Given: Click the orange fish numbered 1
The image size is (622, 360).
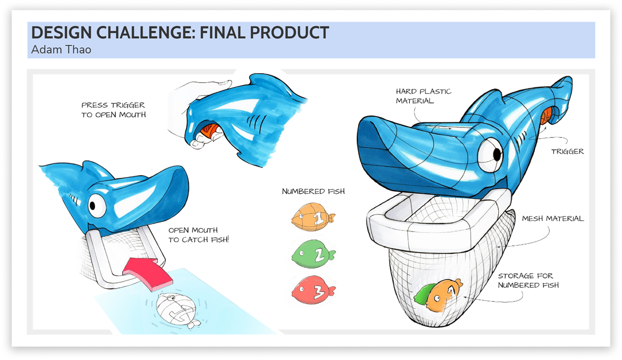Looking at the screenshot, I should point(313,217).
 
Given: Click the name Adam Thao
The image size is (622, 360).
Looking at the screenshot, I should point(61,49).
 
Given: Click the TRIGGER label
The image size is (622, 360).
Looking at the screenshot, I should point(567,152).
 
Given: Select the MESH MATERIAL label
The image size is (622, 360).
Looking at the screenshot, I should point(553,218).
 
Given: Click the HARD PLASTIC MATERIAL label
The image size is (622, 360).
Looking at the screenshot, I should point(423,96).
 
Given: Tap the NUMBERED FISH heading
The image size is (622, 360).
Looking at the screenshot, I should point(313,191).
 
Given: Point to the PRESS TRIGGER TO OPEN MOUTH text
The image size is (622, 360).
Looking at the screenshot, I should point(113,110).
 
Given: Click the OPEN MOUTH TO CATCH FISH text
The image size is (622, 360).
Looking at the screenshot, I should point(198,235).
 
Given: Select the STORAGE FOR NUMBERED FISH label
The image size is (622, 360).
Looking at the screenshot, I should point(528,280).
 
